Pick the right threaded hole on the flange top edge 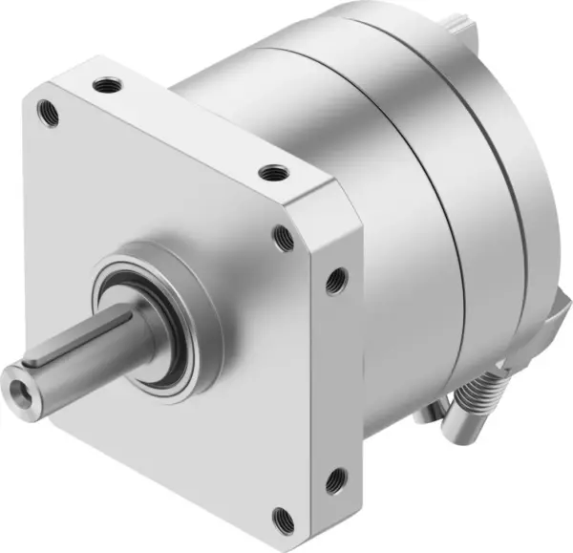275,174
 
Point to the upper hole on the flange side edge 334,280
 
